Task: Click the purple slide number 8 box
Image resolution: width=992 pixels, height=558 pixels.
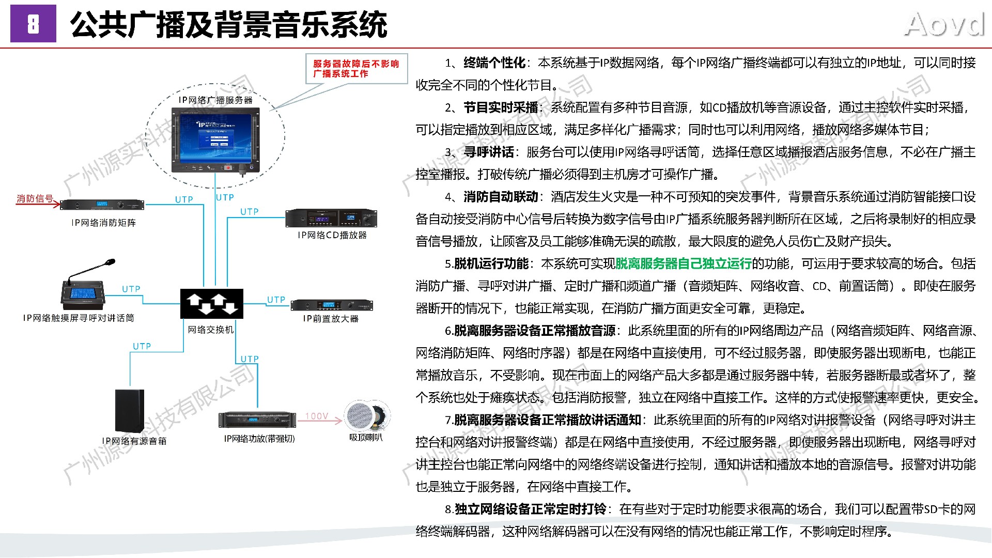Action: click(33, 24)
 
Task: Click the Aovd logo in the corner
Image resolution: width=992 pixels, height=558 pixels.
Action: click(944, 25)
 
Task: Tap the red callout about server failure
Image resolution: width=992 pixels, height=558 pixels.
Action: click(356, 69)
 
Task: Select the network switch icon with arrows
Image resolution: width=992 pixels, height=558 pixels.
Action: click(211, 303)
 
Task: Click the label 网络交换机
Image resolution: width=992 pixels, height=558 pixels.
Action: click(211, 330)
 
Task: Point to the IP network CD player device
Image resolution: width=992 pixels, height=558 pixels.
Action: click(331, 218)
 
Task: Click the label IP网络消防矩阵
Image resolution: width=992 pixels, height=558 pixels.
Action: click(104, 223)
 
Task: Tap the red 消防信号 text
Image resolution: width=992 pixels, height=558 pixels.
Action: click(35, 198)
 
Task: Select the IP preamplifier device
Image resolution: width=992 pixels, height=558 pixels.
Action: click(331, 305)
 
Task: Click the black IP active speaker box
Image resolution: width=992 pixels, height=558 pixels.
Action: click(129, 411)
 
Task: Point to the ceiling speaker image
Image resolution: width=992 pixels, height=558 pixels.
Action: click(367, 415)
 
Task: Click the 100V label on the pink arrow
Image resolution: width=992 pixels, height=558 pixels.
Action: click(317, 416)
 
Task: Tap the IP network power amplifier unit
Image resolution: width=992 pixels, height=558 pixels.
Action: click(257, 420)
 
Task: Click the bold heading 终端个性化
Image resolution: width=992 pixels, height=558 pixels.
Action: click(494, 63)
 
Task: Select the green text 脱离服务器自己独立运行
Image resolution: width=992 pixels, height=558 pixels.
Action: click(684, 263)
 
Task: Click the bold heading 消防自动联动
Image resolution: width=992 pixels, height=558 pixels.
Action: click(501, 197)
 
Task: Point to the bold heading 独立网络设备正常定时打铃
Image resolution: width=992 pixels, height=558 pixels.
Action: click(530, 509)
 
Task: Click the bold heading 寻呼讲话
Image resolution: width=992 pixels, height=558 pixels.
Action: click(489, 152)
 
